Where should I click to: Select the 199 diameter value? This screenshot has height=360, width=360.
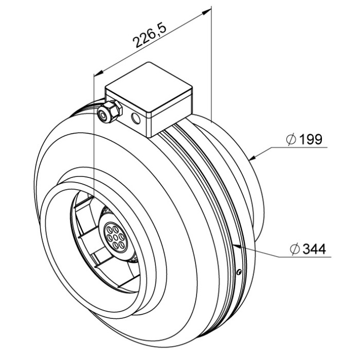point(311,139)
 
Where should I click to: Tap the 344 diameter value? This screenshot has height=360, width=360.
point(314,249)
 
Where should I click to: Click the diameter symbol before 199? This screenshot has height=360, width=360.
point(292,139)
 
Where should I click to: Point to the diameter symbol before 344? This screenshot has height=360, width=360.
point(295,249)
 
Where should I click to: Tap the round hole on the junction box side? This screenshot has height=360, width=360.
point(136,118)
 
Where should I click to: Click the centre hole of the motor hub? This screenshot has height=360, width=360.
point(116,237)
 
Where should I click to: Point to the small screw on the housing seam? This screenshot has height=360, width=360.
point(239,272)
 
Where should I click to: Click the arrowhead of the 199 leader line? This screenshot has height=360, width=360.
point(253,157)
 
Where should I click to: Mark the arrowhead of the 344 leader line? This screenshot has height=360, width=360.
point(236,246)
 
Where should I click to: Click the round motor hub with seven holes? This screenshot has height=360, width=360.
point(116,237)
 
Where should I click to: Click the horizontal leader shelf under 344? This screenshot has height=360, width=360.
point(305,257)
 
